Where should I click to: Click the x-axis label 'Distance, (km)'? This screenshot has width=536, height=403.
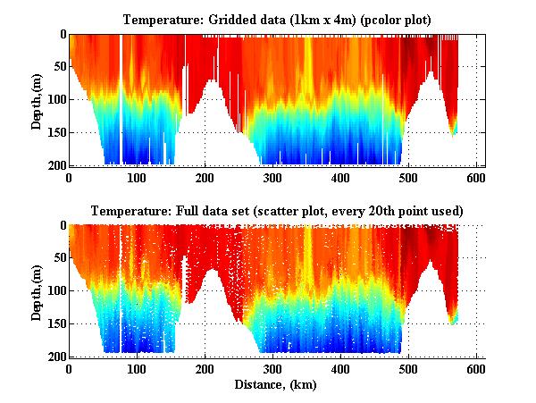tap(277, 385)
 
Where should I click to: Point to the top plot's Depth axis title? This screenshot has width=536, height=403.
tap(37, 100)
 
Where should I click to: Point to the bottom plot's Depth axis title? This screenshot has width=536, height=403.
tap(37, 291)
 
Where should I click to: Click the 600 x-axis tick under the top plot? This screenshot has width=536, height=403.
tap(476, 177)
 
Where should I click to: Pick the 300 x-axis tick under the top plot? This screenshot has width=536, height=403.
tap(273, 177)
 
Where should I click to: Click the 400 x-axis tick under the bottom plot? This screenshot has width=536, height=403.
tap(340, 368)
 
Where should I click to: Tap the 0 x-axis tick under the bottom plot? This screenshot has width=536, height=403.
tap(70, 368)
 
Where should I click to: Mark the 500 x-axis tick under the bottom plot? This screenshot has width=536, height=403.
tap(408, 368)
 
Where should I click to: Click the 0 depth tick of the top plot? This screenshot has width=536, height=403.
tap(61, 35)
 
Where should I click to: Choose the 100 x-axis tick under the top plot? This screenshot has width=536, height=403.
tap(138, 177)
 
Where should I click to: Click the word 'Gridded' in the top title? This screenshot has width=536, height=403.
tap(233, 19)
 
